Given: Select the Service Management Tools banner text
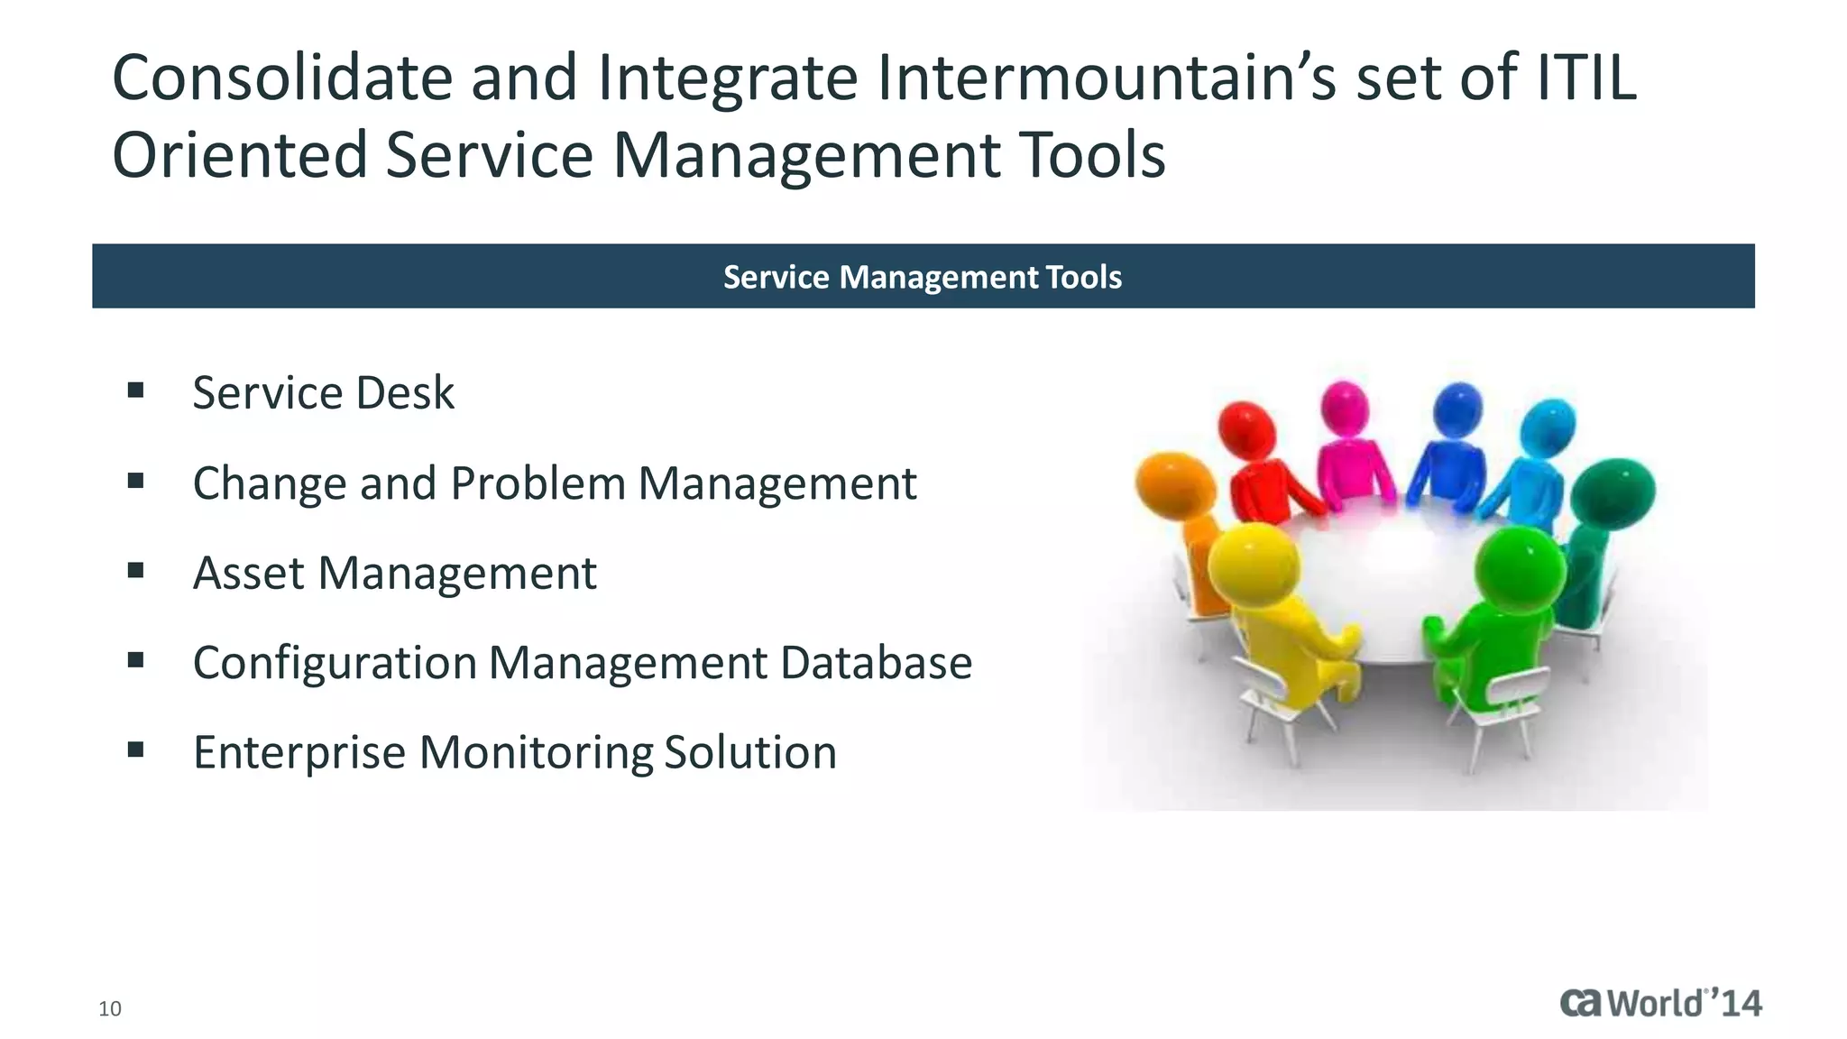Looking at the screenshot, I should point(923,277).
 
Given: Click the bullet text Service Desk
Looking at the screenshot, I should point(323,393).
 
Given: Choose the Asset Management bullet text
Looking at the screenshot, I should point(394,574).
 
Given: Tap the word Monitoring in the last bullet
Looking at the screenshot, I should point(537,753).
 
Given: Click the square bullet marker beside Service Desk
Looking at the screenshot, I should point(136,391).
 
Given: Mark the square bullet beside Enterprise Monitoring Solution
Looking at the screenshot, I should point(136,749).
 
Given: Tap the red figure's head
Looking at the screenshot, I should point(1246,429).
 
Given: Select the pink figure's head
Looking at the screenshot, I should point(1345,408).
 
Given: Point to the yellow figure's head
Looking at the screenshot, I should point(1254,565).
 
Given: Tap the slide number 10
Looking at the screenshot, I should point(110,1009).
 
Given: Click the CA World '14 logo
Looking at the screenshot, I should point(1660,1003).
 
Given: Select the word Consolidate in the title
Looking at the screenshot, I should point(282,78).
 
